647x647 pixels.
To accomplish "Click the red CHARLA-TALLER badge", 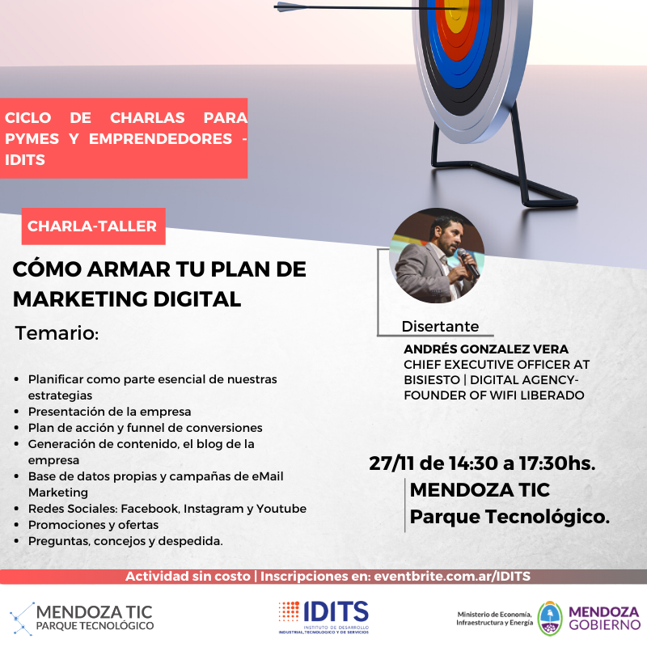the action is (x=93, y=226).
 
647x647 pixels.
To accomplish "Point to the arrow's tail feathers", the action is (x=287, y=6).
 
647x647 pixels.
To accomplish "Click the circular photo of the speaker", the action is (x=437, y=256).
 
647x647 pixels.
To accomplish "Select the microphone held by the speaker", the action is (x=467, y=262).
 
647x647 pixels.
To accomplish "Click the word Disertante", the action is (x=440, y=327).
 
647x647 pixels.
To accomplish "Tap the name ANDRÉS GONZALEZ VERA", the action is (x=486, y=349).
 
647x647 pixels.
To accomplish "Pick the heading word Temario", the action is (x=57, y=333).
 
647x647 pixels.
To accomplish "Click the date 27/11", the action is (x=391, y=463).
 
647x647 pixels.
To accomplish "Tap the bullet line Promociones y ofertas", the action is (x=93, y=525).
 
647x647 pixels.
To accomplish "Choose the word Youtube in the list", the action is (x=281, y=509).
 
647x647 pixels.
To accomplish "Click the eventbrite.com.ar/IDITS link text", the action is (x=452, y=576).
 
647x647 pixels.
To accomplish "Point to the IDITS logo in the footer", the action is (x=323, y=617).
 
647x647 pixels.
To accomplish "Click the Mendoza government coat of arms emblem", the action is (x=550, y=619).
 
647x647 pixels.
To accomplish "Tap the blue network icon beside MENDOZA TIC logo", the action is (x=23, y=619).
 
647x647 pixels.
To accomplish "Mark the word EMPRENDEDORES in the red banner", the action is (x=160, y=138).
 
